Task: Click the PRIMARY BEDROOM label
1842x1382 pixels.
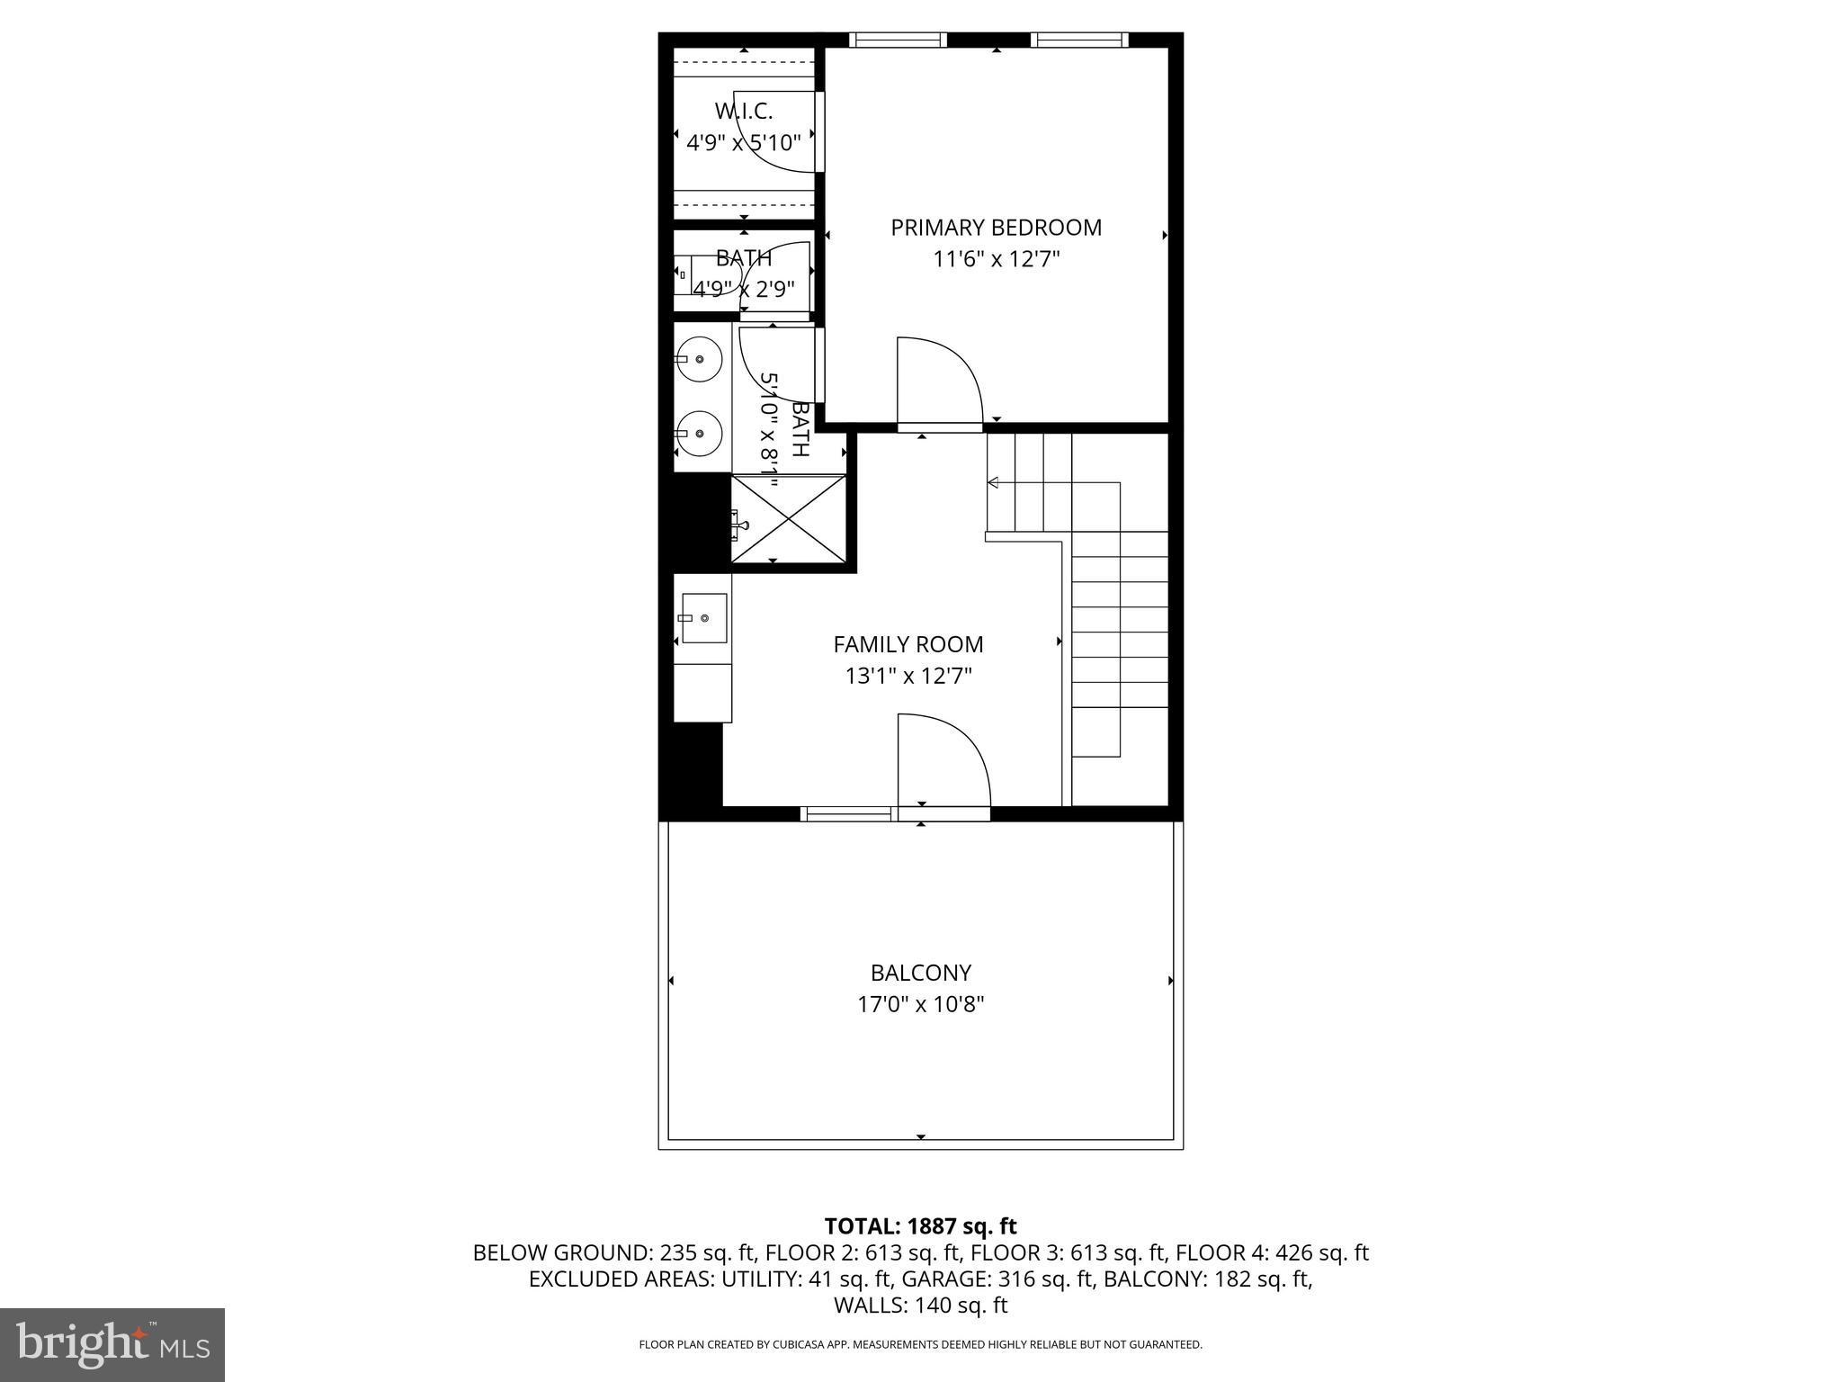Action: coord(996,228)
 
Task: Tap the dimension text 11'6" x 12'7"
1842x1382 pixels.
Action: coord(996,260)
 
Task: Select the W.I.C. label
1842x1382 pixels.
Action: coord(744,112)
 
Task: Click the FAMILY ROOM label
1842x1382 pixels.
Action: coord(908,644)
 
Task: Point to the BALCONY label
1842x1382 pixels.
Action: coord(920,973)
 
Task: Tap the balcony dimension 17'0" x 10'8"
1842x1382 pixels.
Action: coord(920,1004)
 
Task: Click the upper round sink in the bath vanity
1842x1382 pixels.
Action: coord(700,359)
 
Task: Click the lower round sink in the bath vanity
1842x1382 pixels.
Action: coord(700,433)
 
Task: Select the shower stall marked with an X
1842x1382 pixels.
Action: coord(789,519)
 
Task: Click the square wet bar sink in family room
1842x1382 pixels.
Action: coord(703,618)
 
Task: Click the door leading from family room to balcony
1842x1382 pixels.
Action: coord(943,765)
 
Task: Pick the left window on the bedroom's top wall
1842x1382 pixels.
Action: coord(898,40)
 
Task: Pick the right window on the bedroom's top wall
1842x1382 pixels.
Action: coord(1079,40)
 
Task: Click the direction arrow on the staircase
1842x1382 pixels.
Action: coord(993,483)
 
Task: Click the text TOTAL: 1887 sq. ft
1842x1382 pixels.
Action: coord(920,1226)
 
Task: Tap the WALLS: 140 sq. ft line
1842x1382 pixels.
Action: coord(920,1306)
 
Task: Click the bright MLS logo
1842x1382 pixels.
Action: coord(112,1344)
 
